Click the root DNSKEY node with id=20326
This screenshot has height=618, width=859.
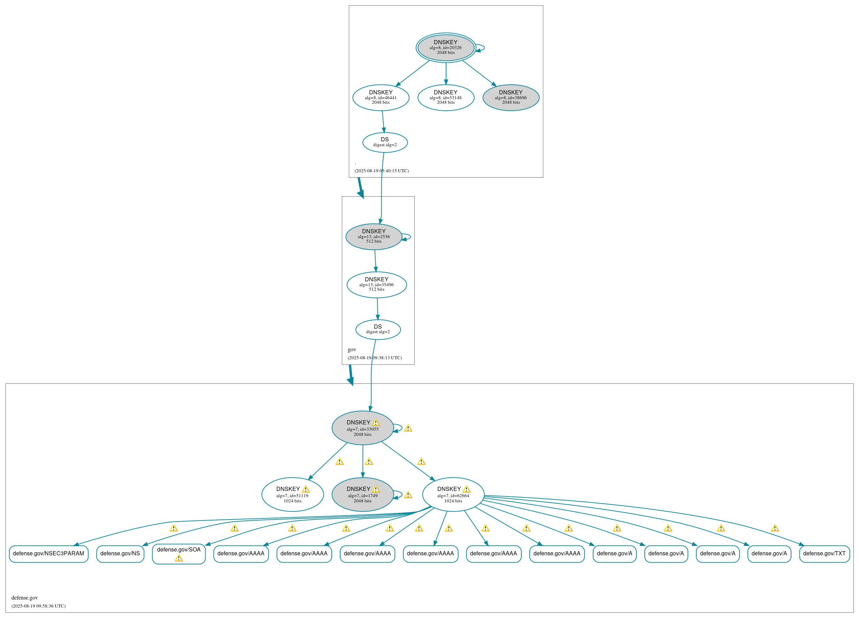[445, 48]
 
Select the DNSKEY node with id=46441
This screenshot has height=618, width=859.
[381, 97]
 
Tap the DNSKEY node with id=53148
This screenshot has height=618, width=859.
[445, 97]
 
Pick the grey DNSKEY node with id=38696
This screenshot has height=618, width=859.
[511, 97]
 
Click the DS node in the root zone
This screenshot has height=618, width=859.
[385, 142]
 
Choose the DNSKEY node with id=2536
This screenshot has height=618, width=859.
[374, 236]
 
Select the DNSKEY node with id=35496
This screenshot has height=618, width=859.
[376, 284]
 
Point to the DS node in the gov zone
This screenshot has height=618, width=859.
[378, 329]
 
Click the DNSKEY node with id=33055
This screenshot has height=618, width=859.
[362, 428]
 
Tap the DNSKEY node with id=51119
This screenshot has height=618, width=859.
[292, 495]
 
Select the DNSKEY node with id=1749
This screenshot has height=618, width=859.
[362, 495]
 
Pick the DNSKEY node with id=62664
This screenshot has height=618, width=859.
[453, 495]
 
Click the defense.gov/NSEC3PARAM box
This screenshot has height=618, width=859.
[48, 554]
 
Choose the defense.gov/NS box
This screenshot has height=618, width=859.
[120, 554]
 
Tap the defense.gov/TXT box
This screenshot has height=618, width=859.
[824, 554]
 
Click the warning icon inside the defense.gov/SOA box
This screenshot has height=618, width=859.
[179, 558]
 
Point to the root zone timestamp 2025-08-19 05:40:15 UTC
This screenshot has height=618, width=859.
[381, 171]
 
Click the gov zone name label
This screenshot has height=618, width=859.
[352, 350]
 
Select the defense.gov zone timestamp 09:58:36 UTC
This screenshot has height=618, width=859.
[38, 606]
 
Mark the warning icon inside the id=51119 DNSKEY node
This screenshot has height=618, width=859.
[306, 489]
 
